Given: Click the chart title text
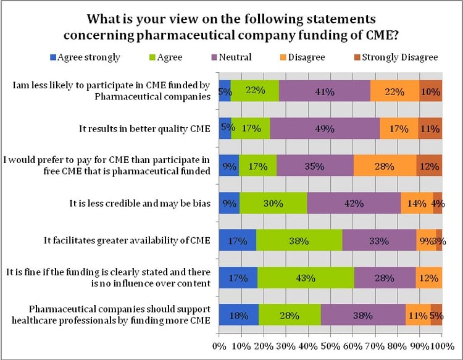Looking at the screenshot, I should (231, 23).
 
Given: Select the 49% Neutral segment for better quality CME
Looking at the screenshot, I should (325, 129).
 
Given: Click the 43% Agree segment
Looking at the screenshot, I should (305, 278).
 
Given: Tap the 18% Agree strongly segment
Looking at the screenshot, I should (239, 315).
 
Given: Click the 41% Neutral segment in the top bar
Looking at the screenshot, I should (325, 91).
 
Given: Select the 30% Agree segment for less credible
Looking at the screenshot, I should (273, 203).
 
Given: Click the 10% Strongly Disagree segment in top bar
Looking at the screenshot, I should (431, 91).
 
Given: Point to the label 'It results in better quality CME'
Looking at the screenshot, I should (146, 128).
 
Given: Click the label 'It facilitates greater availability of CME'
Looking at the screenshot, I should (130, 240).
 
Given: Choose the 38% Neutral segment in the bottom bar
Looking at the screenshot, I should (363, 315).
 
